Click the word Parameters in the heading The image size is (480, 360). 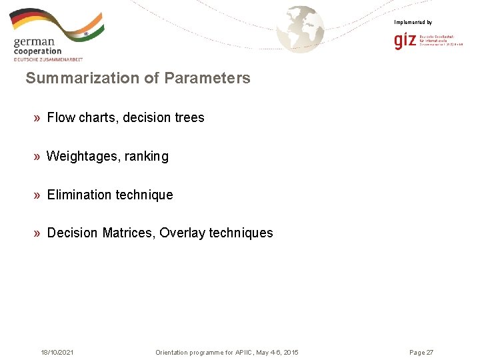[207, 78]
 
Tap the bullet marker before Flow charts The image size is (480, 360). [37, 118]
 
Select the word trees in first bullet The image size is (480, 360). [189, 117]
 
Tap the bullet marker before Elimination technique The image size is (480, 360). [37, 195]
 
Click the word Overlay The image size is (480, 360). [182, 233]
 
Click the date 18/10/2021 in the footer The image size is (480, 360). [57, 352]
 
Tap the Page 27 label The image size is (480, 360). [421, 352]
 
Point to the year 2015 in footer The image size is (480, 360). [291, 352]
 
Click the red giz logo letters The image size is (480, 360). [405, 41]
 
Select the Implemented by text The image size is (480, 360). [413, 23]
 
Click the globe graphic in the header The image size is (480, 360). [301, 29]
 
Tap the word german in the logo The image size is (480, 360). [33, 43]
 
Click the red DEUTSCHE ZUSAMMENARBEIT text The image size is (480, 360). [48, 59]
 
